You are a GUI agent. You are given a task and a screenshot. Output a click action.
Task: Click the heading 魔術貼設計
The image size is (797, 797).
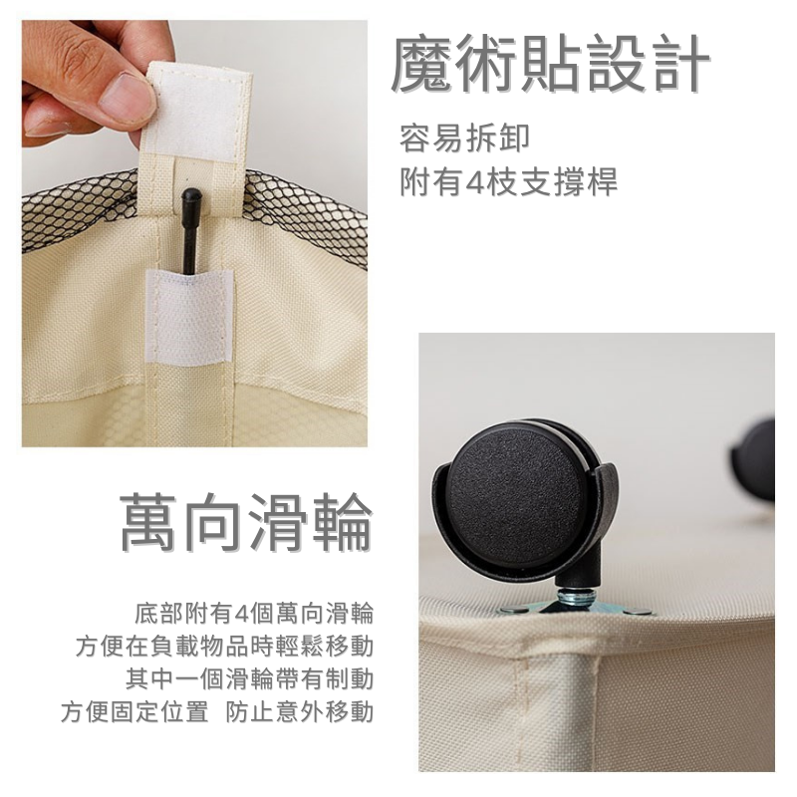[x=550, y=65]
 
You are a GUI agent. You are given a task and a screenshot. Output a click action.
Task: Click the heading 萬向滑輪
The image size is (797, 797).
[x=246, y=522]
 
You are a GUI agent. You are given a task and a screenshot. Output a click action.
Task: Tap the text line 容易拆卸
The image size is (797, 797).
[x=464, y=138]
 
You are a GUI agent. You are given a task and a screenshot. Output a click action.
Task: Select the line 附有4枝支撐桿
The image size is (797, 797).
[x=508, y=181]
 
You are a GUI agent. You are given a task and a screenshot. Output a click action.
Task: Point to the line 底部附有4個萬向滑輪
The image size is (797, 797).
[x=254, y=613]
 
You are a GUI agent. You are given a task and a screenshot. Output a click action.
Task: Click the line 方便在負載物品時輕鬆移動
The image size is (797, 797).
[x=225, y=646]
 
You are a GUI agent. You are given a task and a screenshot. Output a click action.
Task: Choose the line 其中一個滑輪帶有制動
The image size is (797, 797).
[x=250, y=678]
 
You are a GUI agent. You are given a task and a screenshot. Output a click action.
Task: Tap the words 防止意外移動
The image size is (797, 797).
[x=300, y=711]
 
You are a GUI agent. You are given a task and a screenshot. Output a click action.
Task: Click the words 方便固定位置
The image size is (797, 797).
[x=134, y=711]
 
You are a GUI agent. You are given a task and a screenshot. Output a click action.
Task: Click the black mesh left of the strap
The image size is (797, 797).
[x=82, y=209]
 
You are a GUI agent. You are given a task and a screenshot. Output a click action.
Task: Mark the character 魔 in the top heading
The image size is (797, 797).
[x=422, y=65]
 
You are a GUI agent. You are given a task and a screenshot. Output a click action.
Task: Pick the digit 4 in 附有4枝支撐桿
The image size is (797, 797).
[x=474, y=182]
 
